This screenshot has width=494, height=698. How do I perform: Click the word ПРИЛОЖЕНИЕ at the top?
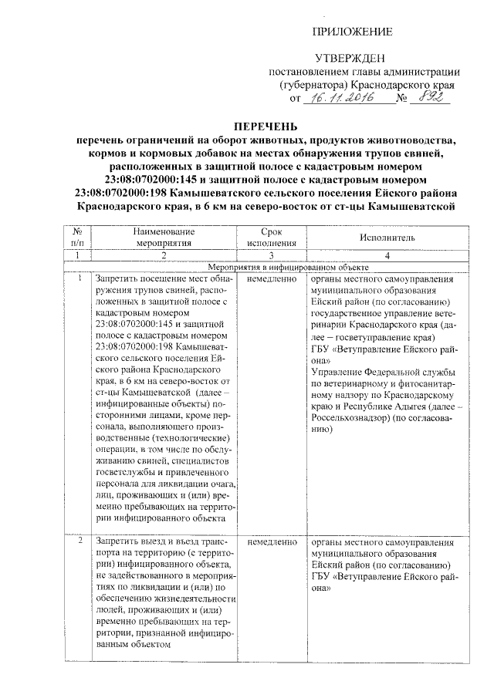coord(350,31)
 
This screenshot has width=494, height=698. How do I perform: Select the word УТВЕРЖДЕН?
coord(350,59)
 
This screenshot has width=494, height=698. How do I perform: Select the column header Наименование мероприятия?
coord(163,236)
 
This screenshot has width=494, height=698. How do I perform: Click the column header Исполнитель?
coord(387,237)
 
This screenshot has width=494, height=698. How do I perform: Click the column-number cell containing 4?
coord(387,255)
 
